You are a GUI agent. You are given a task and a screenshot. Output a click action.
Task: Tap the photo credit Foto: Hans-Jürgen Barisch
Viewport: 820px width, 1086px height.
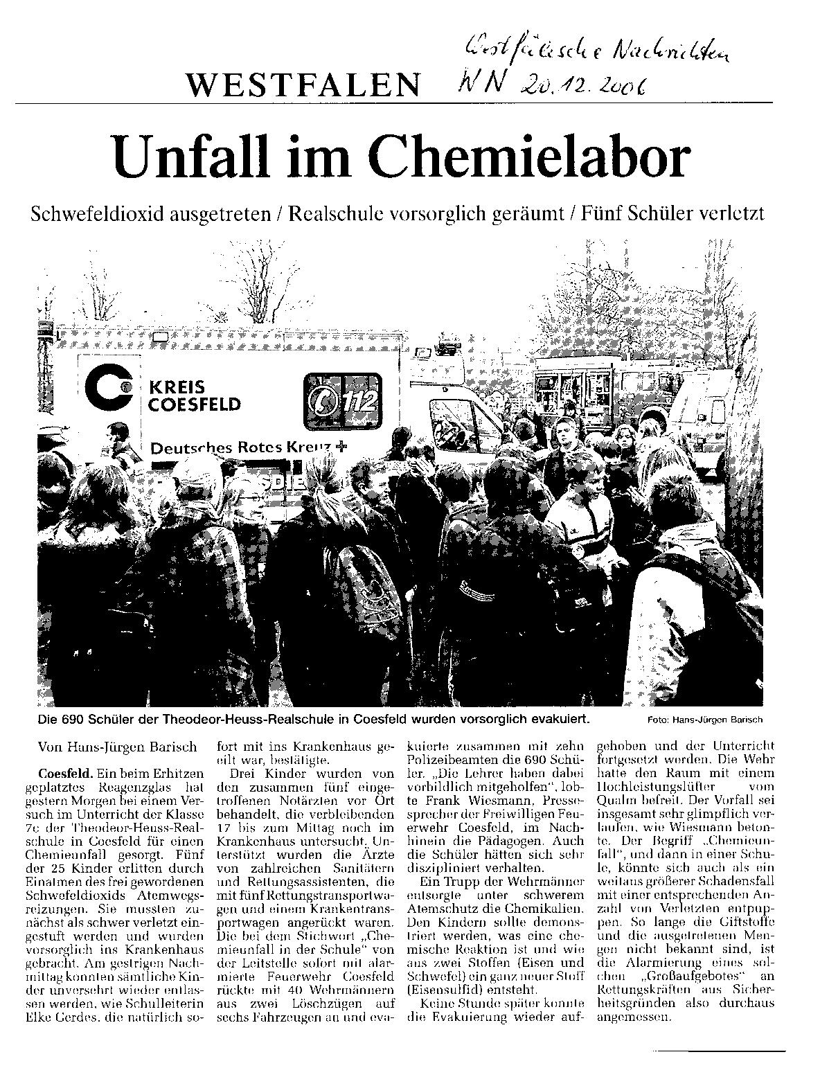point(704,720)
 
